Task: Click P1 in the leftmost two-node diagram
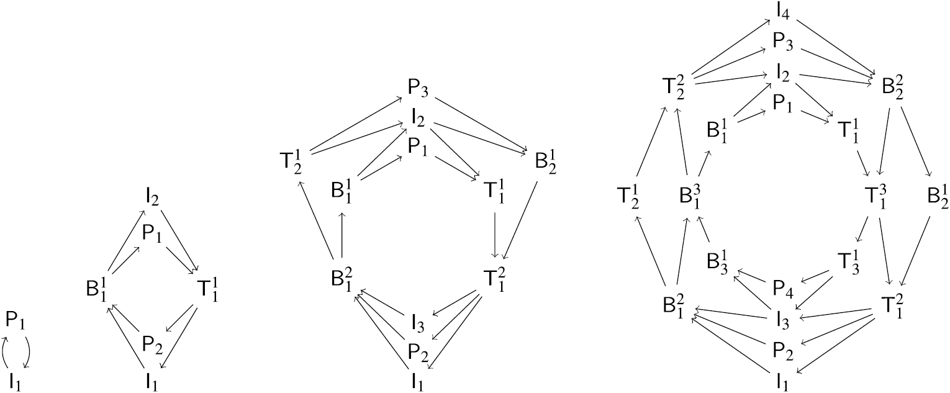tap(16, 322)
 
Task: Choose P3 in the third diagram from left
tap(418, 88)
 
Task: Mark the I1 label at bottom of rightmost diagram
tap(783, 381)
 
